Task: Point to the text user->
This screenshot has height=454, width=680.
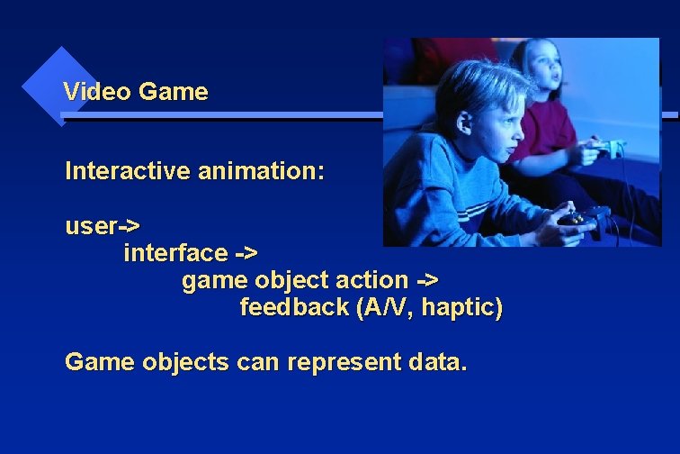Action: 102,226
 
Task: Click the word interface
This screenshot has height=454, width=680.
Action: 175,253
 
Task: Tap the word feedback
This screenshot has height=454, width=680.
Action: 294,308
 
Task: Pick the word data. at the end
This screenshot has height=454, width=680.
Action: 438,362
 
